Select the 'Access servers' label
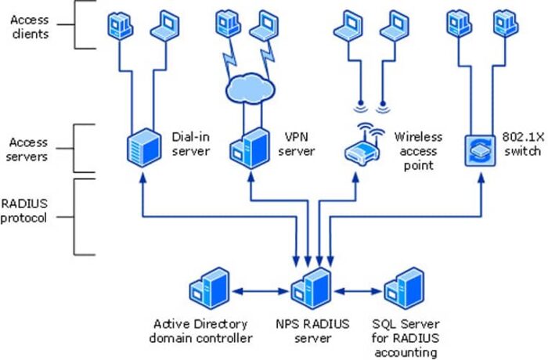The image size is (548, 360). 29,149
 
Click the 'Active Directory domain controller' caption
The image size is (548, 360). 202,330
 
